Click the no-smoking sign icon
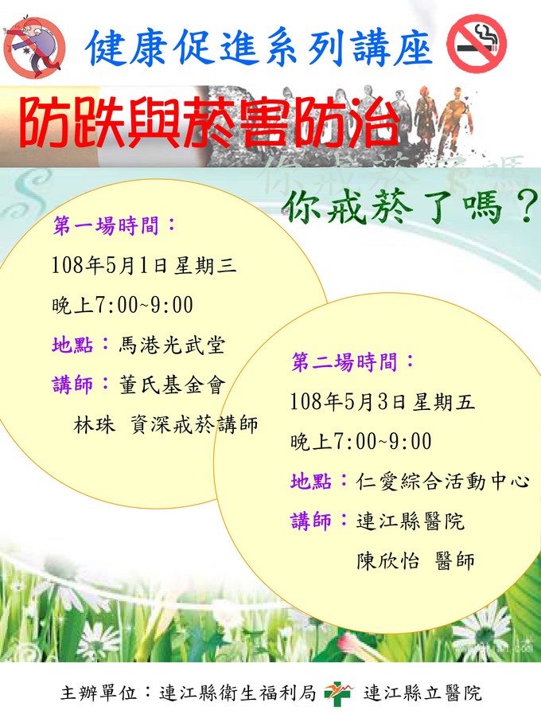476,43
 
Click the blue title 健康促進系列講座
259,48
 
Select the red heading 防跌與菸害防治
209,123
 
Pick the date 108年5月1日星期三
144,266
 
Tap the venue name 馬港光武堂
172,345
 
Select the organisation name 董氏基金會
173,385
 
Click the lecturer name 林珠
95,424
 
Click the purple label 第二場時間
353,362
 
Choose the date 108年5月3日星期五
383,402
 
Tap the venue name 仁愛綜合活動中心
442,481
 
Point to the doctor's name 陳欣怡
387,561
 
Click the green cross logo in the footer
339,693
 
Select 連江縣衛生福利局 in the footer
237,693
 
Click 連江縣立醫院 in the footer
422,693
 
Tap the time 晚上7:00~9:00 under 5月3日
361,442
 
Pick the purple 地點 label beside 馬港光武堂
72,345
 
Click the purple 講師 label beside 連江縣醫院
311,521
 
